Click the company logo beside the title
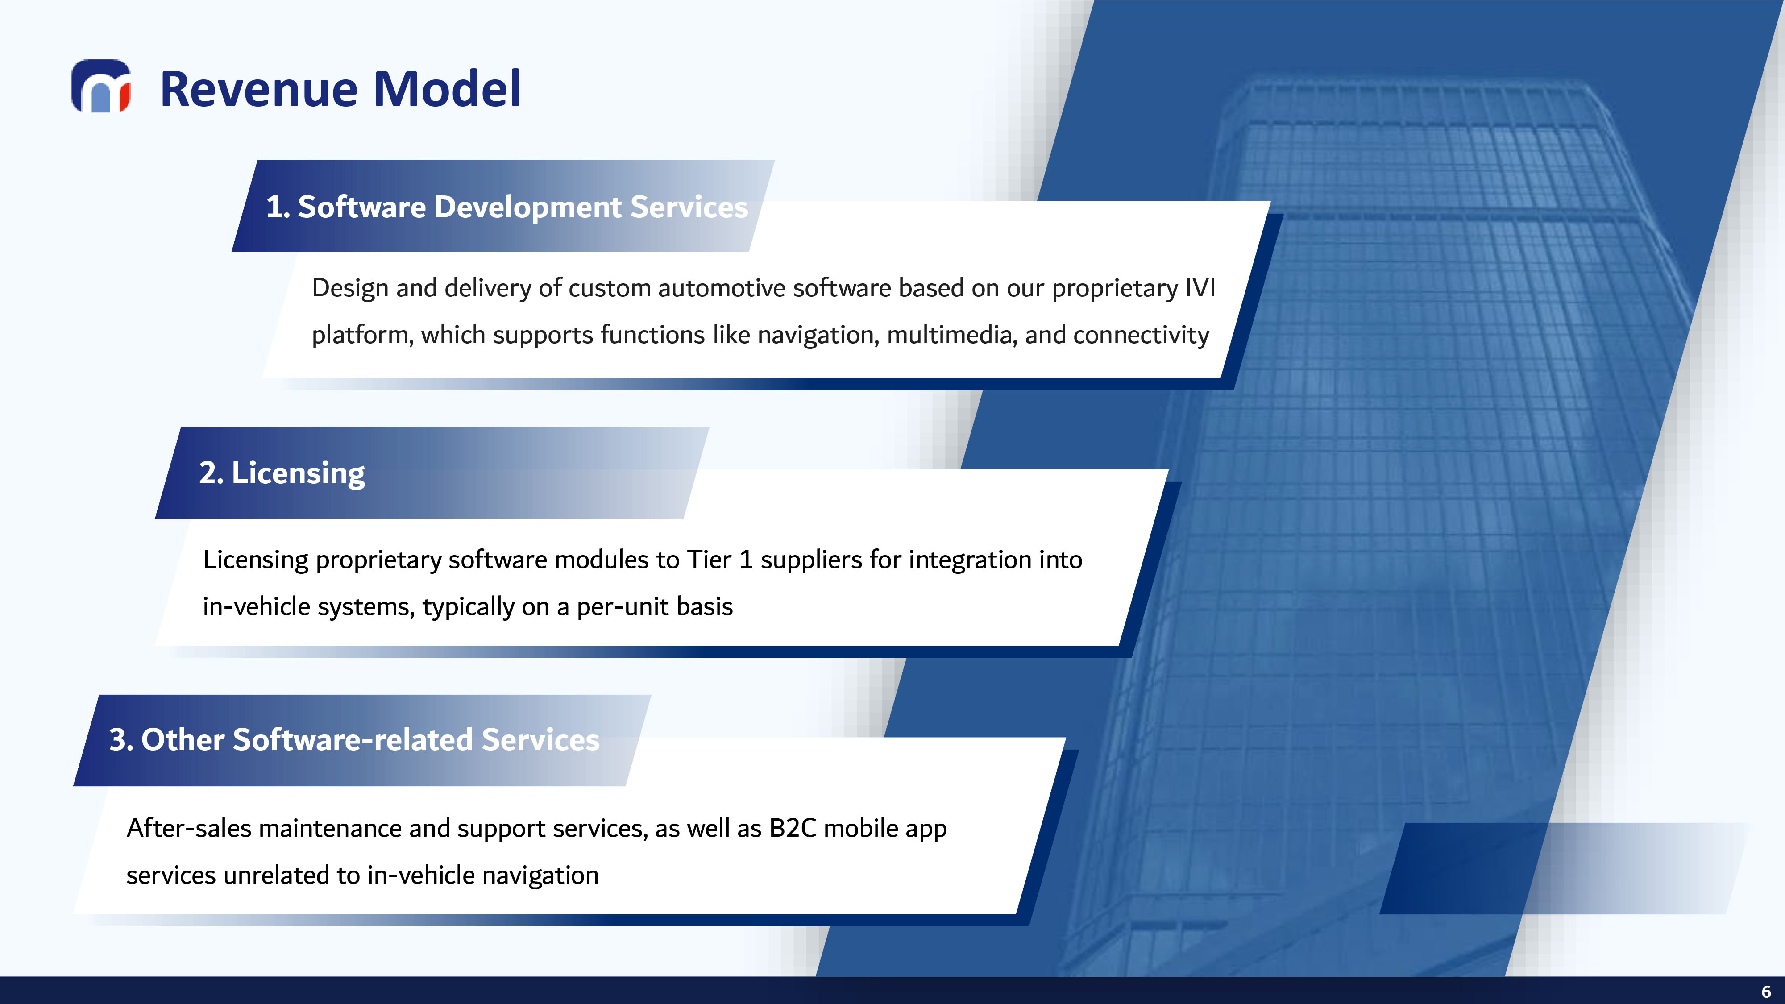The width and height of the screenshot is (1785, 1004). click(101, 86)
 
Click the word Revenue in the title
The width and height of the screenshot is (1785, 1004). click(260, 89)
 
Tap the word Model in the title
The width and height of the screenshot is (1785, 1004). click(447, 89)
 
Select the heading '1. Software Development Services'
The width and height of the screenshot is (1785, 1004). click(507, 207)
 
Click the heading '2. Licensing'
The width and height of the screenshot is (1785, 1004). click(282, 473)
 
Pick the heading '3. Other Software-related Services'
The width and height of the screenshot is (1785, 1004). click(354, 739)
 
